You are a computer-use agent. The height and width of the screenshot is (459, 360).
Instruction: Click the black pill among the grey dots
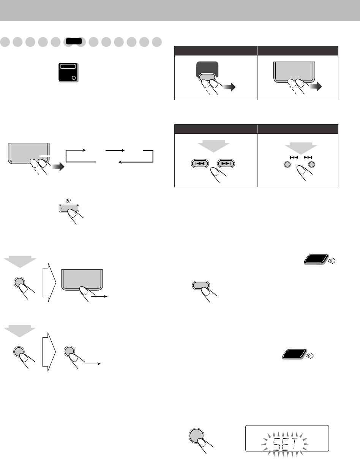point(73,41)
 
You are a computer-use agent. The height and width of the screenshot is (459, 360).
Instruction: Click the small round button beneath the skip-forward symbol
point(312,164)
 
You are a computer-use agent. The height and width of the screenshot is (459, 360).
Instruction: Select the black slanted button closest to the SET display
point(294,354)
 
